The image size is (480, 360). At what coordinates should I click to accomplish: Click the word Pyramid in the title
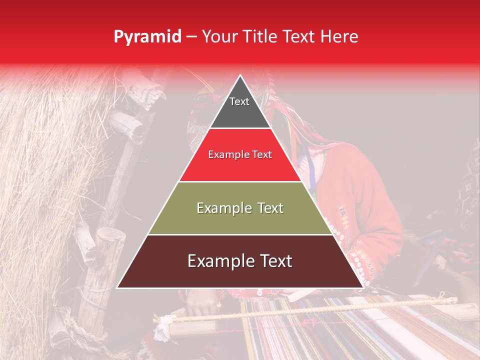pos(147,36)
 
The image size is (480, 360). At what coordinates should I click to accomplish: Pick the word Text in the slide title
pos(301,36)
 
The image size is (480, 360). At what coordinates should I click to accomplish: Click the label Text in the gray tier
pos(239,101)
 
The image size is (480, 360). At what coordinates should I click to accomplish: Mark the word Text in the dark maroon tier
pos(273,261)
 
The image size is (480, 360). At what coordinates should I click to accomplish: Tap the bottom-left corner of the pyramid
pos(117,288)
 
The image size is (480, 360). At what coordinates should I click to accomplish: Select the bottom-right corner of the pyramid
pos(363,288)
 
